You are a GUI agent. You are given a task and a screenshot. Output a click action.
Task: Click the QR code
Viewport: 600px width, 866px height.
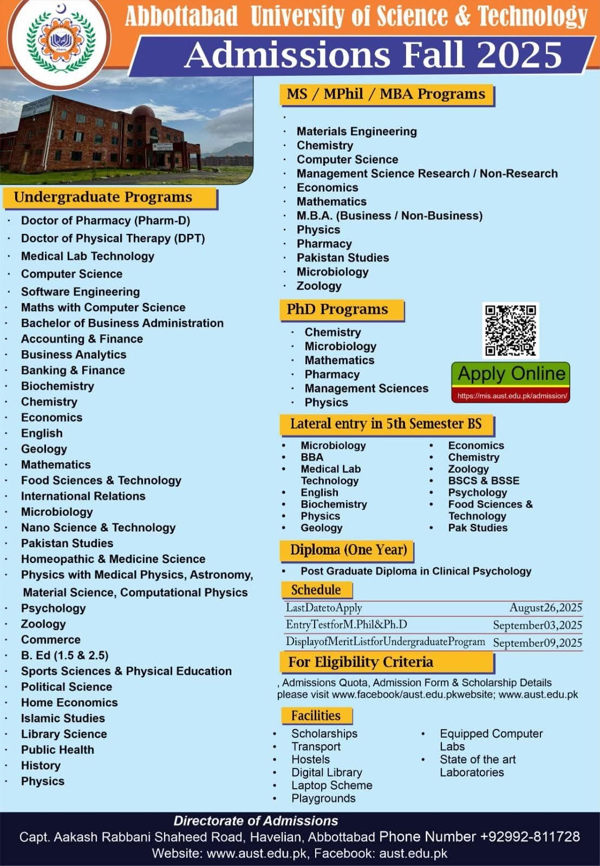point(510,330)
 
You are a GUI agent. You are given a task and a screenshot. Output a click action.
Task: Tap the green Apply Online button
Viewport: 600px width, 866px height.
point(511,374)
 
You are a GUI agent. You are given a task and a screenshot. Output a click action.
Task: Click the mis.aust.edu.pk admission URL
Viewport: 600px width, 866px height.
point(511,396)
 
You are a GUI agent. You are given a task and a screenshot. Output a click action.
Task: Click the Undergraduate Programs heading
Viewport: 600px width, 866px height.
point(103,197)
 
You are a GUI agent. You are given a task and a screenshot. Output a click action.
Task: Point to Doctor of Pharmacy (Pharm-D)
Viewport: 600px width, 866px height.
point(106,221)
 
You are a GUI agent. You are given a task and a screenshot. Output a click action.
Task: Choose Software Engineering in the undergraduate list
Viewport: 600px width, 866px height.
point(80,292)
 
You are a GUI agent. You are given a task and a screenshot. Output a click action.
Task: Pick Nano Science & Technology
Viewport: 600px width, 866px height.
point(98,528)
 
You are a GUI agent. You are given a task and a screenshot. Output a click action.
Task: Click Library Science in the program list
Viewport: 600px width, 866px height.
point(64,734)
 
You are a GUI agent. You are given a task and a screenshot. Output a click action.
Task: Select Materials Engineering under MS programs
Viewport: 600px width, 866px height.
point(356,132)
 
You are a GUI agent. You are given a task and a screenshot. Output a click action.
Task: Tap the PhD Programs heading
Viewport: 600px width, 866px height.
point(337,310)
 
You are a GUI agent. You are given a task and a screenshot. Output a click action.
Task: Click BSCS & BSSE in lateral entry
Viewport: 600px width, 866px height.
point(483,481)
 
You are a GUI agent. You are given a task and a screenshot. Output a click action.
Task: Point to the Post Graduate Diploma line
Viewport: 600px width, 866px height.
point(415,571)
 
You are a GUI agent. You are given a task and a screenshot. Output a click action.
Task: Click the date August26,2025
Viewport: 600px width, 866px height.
point(545,608)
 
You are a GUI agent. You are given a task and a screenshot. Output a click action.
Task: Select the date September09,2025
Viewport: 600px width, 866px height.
point(537,643)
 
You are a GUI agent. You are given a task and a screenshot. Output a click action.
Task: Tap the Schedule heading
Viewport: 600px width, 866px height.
point(316,590)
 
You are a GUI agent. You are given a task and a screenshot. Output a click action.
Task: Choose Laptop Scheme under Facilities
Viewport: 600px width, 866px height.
point(331,785)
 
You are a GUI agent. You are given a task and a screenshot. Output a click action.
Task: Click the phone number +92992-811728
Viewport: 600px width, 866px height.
point(529,837)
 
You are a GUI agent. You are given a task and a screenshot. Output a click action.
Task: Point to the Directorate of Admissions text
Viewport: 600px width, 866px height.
point(256,821)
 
